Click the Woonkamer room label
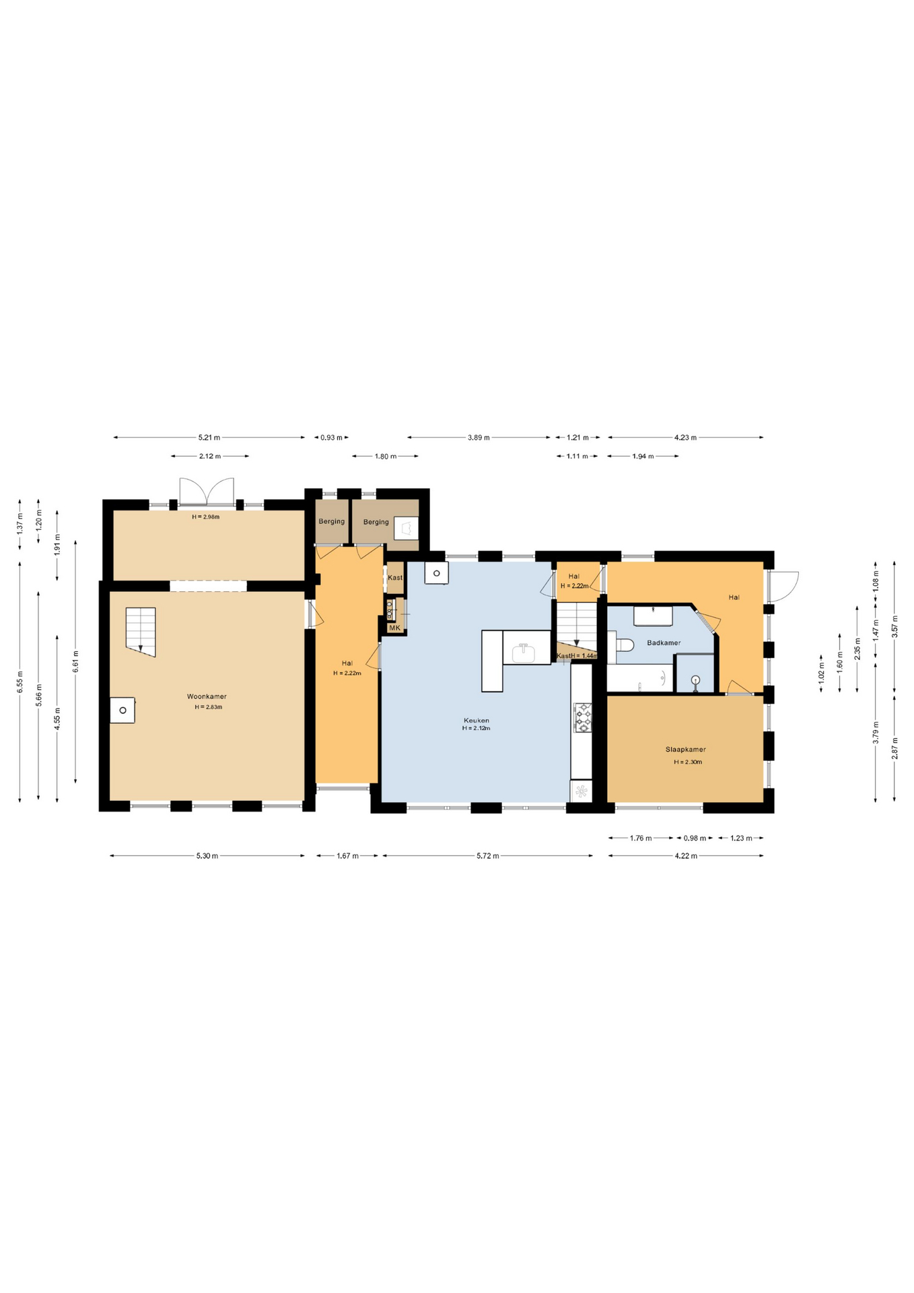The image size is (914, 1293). pos(207,696)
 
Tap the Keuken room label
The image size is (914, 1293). pos(476,721)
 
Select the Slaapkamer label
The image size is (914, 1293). pos(685,750)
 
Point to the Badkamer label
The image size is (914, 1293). pos(664,642)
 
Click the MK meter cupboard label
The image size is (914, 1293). pos(394,628)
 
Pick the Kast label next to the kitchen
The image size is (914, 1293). pos(395,578)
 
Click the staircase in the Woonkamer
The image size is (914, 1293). pos(141,632)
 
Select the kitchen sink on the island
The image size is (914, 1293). pos(524,652)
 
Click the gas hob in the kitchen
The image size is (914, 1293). pos(582,717)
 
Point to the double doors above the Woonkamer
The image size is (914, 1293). pos(207,491)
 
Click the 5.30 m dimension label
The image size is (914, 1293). pos(207,856)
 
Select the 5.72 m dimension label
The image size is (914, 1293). pos(488,856)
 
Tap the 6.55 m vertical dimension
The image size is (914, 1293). pos(20,682)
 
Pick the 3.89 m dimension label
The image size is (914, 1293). pos(479,438)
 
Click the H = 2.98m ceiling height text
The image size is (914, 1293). pos(205,517)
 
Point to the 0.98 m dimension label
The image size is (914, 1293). pos(695,838)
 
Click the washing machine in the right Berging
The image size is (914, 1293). pos(406,527)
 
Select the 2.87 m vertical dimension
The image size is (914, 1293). pos(894,749)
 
